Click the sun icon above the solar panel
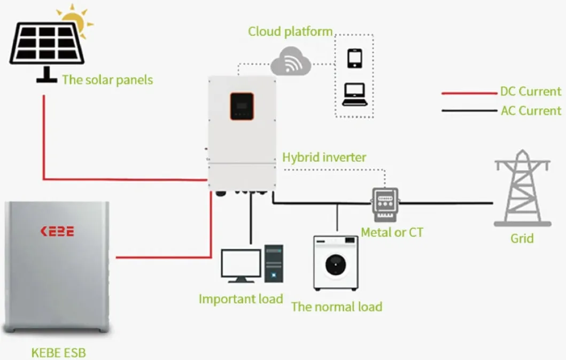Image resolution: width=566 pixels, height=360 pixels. coord(75,20)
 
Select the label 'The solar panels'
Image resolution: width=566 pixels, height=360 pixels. coord(107,80)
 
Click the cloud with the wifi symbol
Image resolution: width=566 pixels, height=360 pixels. coord(290,63)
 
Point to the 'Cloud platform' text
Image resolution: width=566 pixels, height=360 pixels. coord(290,32)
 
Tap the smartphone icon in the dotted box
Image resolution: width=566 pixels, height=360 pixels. coord(355,58)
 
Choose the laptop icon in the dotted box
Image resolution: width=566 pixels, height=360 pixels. coord(354,95)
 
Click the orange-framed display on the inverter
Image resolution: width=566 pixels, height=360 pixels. coord(242,106)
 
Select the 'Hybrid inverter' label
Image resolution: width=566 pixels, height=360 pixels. coord(324,158)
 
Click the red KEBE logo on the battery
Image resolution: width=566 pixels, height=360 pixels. coord(57,231)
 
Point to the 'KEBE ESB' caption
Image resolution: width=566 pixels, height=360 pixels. coord(58,353)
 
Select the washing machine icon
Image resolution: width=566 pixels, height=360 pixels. coord(335,263)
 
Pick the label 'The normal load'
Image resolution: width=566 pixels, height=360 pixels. coord(337,307)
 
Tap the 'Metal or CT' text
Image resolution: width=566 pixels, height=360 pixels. coord(392,233)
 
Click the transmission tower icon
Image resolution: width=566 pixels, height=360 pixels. coord(522,188)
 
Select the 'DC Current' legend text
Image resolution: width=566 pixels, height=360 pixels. coord(531,91)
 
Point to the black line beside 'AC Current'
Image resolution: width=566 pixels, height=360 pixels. coord(469,111)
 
